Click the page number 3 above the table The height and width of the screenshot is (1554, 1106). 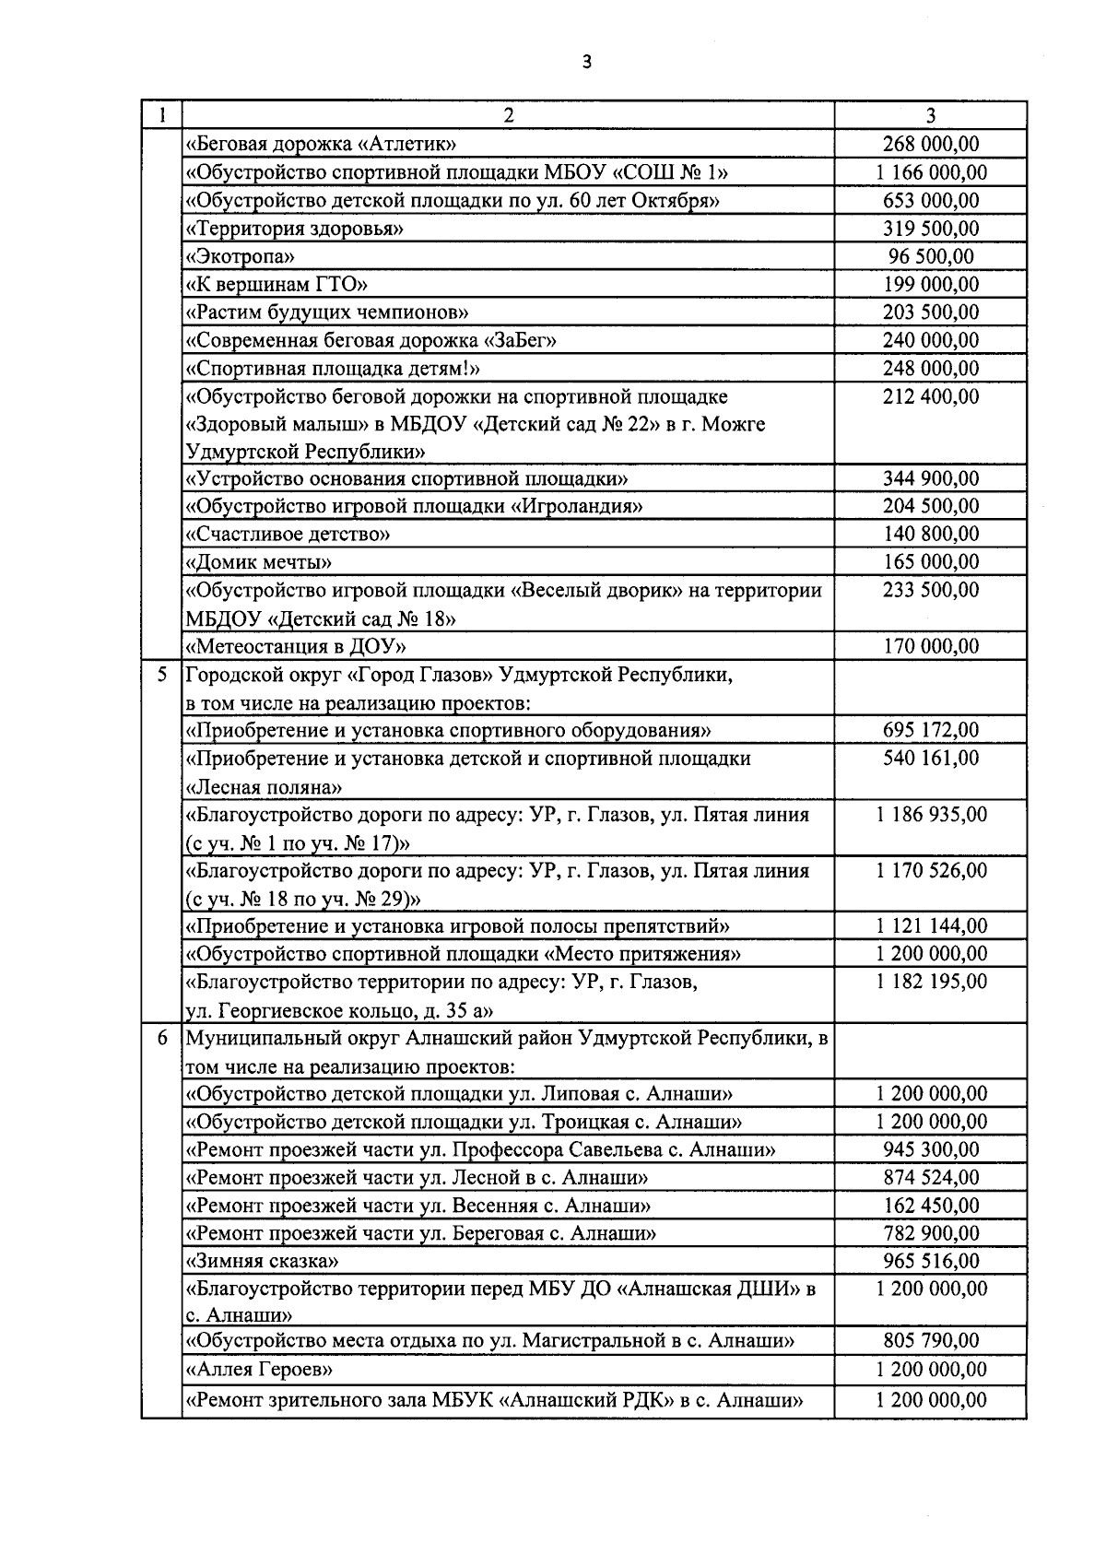pyautogui.click(x=586, y=63)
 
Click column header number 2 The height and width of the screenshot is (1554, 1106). pyautogui.click(x=508, y=115)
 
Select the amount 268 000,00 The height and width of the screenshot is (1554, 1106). pyautogui.click(x=931, y=144)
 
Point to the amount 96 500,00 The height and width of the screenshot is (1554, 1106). pyautogui.click(x=931, y=256)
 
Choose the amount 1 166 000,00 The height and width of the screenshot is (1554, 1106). pyautogui.click(x=931, y=172)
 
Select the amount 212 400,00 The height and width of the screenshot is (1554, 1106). pyautogui.click(x=931, y=396)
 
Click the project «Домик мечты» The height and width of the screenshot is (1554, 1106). pyautogui.click(x=259, y=562)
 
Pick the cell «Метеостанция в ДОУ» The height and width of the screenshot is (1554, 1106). pyautogui.click(x=296, y=646)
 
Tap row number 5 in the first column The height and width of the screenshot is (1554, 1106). pyautogui.click(x=161, y=675)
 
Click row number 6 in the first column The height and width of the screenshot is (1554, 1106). pyautogui.click(x=161, y=1038)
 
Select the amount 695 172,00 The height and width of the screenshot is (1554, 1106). pyautogui.click(x=931, y=730)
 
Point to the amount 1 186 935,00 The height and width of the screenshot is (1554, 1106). pyautogui.click(x=931, y=815)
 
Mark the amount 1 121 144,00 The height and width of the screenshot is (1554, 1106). pyautogui.click(x=931, y=926)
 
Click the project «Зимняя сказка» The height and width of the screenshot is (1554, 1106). pyautogui.click(x=263, y=1261)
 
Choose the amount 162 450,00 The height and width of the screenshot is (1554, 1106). pyautogui.click(x=931, y=1206)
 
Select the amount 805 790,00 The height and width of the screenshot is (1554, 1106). pyautogui.click(x=931, y=1341)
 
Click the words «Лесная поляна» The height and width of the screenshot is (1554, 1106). pyautogui.click(x=265, y=788)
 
